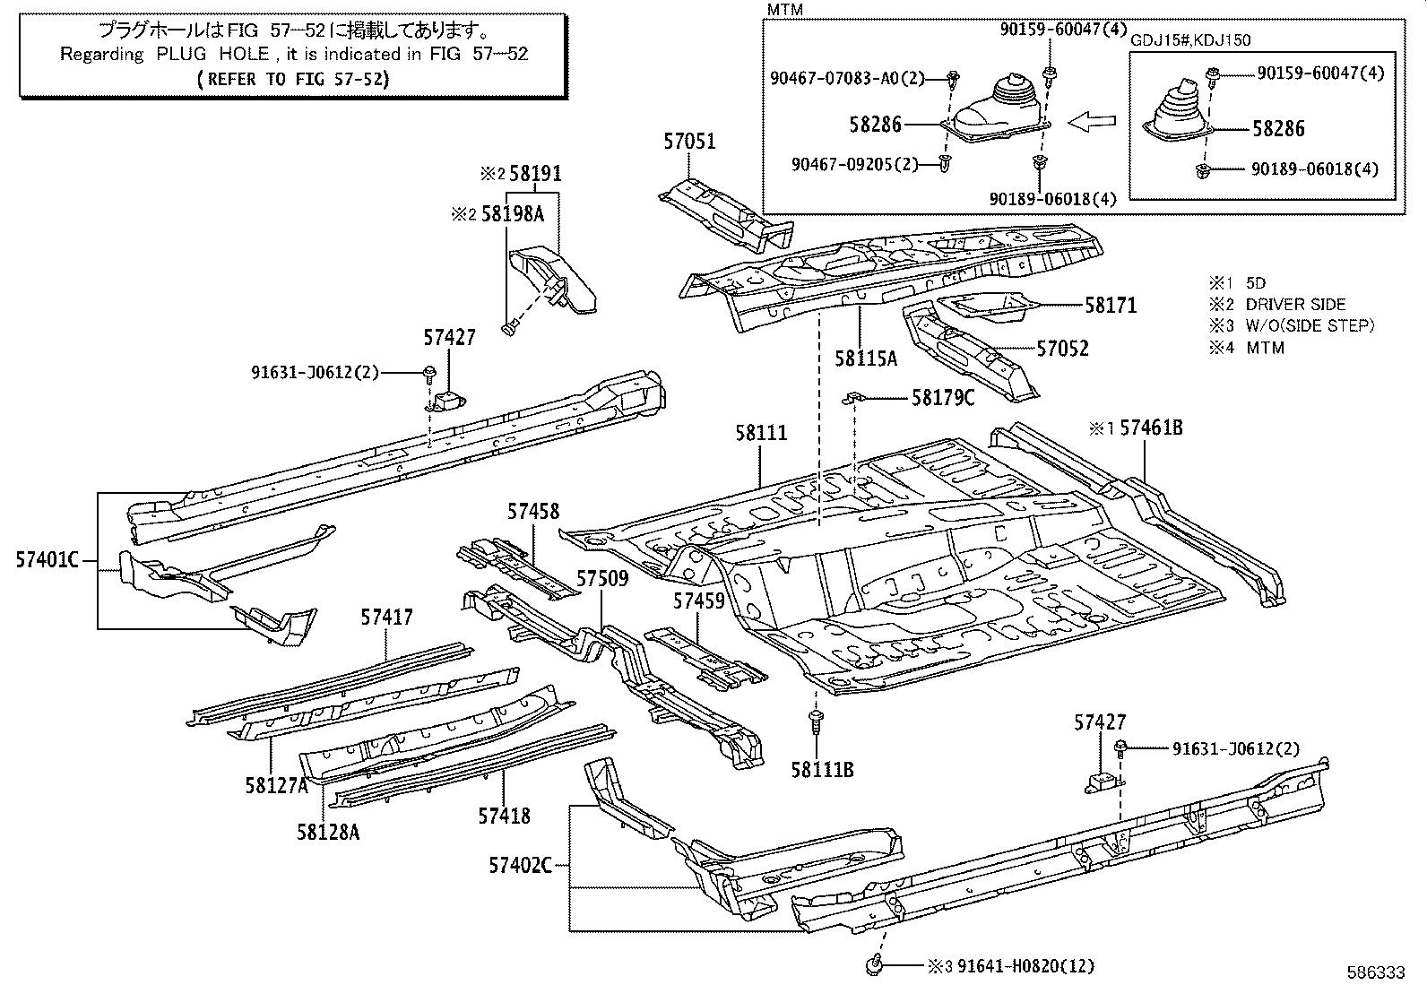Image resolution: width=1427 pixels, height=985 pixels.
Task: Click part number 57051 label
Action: point(690,142)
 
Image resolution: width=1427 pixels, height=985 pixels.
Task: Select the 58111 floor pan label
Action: point(761,433)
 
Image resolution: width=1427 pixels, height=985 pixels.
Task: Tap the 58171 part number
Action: point(1111,306)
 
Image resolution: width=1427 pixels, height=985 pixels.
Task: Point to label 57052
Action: point(1062,349)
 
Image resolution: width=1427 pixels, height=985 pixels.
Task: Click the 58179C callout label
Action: point(942,397)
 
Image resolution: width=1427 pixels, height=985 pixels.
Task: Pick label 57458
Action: point(533,511)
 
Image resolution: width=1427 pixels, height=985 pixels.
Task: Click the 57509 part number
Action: point(602,579)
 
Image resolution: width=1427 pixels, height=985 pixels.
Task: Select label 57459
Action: point(700,600)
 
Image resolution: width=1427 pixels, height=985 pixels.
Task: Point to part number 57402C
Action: point(521,865)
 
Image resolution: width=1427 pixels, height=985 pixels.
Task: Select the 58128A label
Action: point(328,833)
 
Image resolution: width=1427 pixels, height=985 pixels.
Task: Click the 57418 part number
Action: point(504,816)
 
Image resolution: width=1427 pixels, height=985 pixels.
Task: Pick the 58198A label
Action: point(513,214)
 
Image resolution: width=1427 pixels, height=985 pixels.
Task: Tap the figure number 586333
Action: point(1378,972)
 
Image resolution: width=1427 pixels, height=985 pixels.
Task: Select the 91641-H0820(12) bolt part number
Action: point(1025,966)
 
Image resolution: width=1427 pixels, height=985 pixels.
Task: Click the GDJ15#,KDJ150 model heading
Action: point(1190,40)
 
